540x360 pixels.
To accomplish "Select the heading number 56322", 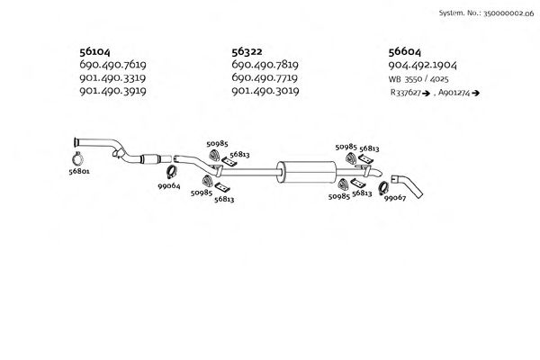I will point(247,53).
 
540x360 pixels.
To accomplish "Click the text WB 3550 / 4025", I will point(420,79).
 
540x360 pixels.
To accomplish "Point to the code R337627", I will point(408,93).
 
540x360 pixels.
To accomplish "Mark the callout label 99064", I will point(169,185).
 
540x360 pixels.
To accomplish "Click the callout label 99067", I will point(395,198).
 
